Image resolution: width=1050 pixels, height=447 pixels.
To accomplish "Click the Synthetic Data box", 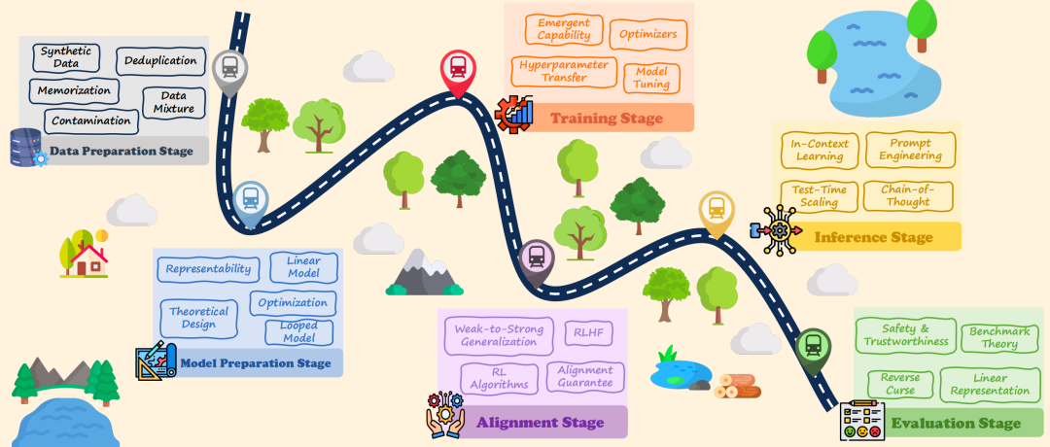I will [x=67, y=56].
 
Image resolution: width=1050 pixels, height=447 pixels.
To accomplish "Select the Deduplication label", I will [x=160, y=60].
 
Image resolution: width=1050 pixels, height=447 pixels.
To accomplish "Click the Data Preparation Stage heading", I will [x=122, y=151].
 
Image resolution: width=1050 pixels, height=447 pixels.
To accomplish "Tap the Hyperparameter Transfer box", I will [x=561, y=71].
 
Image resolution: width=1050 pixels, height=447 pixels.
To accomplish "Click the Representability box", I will [x=207, y=269].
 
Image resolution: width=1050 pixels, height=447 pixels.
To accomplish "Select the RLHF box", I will [x=588, y=334].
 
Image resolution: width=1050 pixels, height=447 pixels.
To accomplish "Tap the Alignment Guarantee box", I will [x=585, y=376].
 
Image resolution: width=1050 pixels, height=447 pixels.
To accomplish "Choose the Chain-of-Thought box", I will [x=908, y=195].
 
